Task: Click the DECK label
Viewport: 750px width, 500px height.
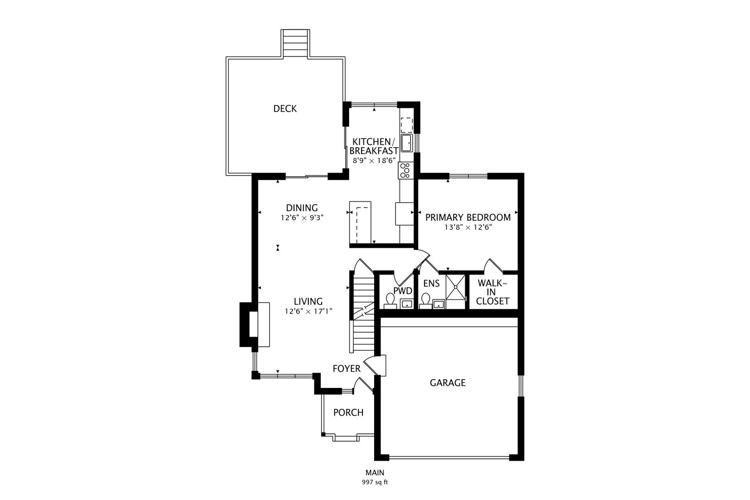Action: pyautogui.click(x=285, y=108)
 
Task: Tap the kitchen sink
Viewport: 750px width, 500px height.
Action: pyautogui.click(x=407, y=143)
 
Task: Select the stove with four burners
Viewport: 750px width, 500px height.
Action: pyautogui.click(x=406, y=170)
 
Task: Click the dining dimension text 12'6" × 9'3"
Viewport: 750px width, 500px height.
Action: pyautogui.click(x=302, y=218)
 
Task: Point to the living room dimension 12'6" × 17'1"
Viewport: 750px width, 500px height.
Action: pyautogui.click(x=308, y=312)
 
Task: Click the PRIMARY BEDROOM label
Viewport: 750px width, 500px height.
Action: pyautogui.click(x=468, y=218)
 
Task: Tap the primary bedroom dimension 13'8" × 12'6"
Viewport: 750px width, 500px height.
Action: pyautogui.click(x=468, y=227)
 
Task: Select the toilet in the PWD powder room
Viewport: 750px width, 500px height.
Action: pyautogui.click(x=390, y=301)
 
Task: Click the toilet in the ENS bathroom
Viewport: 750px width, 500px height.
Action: pyautogui.click(x=425, y=301)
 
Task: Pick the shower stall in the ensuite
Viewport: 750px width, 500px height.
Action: pyautogui.click(x=456, y=292)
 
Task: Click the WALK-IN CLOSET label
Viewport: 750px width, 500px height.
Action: pyautogui.click(x=493, y=292)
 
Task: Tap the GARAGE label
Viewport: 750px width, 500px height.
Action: pyautogui.click(x=448, y=383)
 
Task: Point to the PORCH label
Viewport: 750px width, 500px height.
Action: pyautogui.click(x=348, y=412)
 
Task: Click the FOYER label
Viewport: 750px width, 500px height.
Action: pyautogui.click(x=347, y=369)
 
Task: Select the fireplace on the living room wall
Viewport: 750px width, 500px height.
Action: pyautogui.click(x=255, y=325)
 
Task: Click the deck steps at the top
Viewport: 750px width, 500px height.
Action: pyautogui.click(x=295, y=43)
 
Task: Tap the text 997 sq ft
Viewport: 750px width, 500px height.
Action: pyautogui.click(x=375, y=482)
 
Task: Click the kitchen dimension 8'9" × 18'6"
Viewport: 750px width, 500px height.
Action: pyautogui.click(x=374, y=161)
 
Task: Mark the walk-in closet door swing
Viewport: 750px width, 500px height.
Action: pyautogui.click(x=493, y=266)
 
